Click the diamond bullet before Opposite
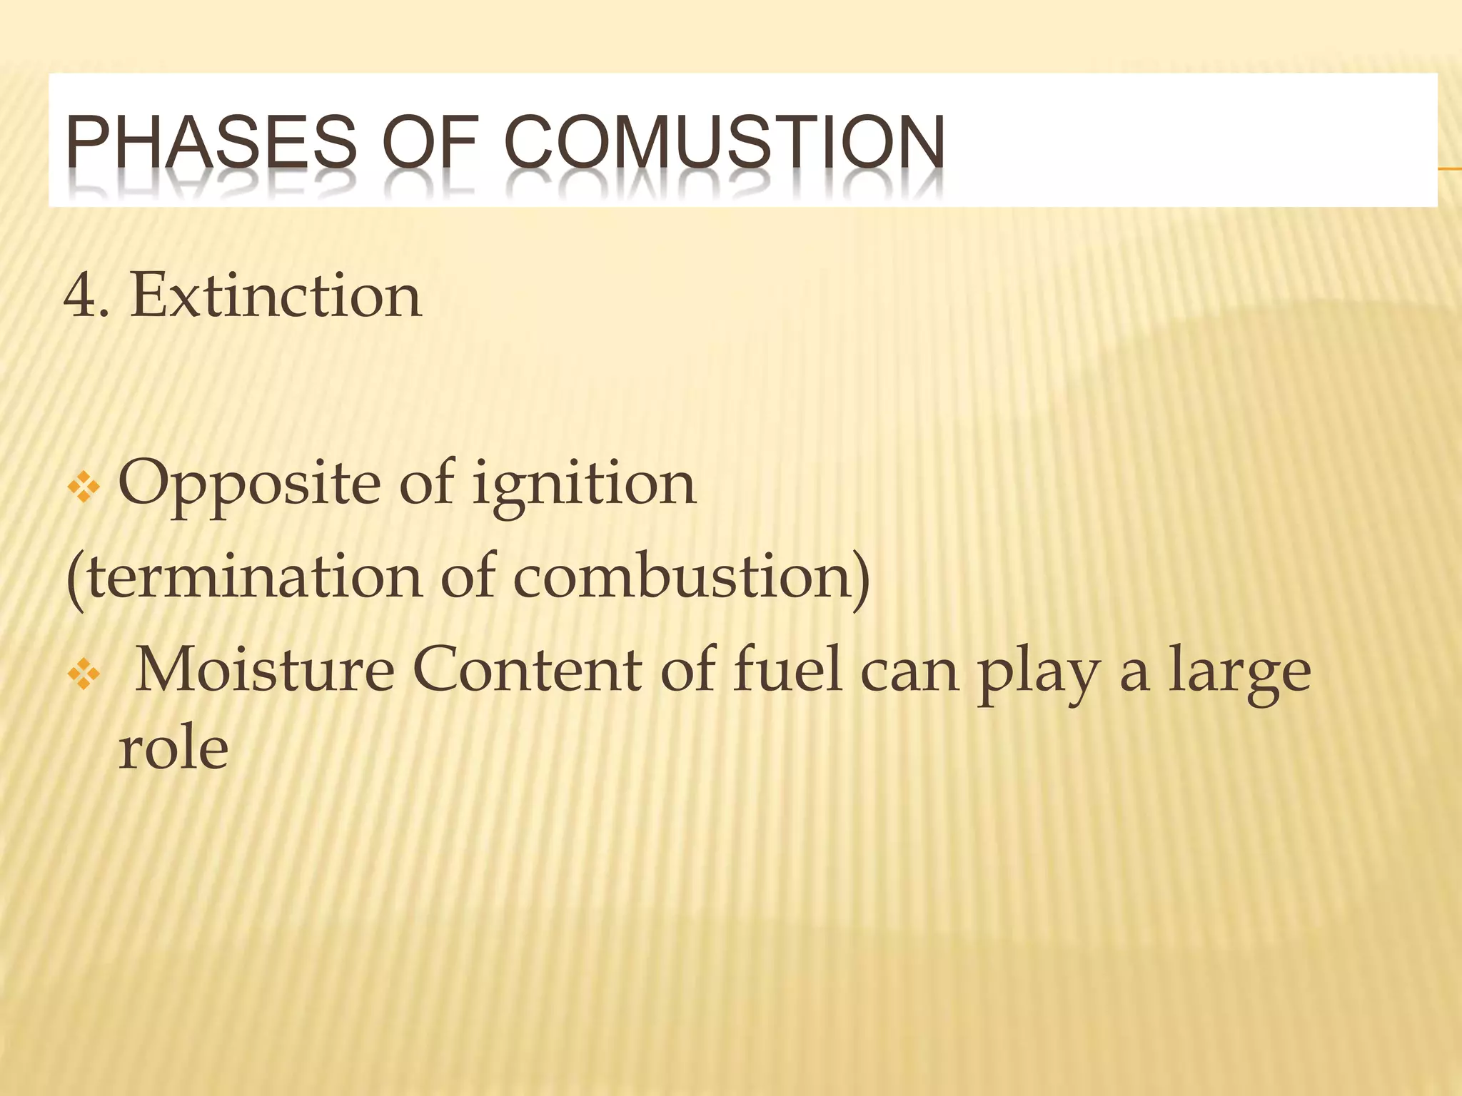83,489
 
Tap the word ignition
583,484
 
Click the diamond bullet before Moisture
83,675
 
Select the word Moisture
264,671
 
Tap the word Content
528,671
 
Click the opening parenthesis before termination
74,579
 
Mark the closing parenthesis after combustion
862,579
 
